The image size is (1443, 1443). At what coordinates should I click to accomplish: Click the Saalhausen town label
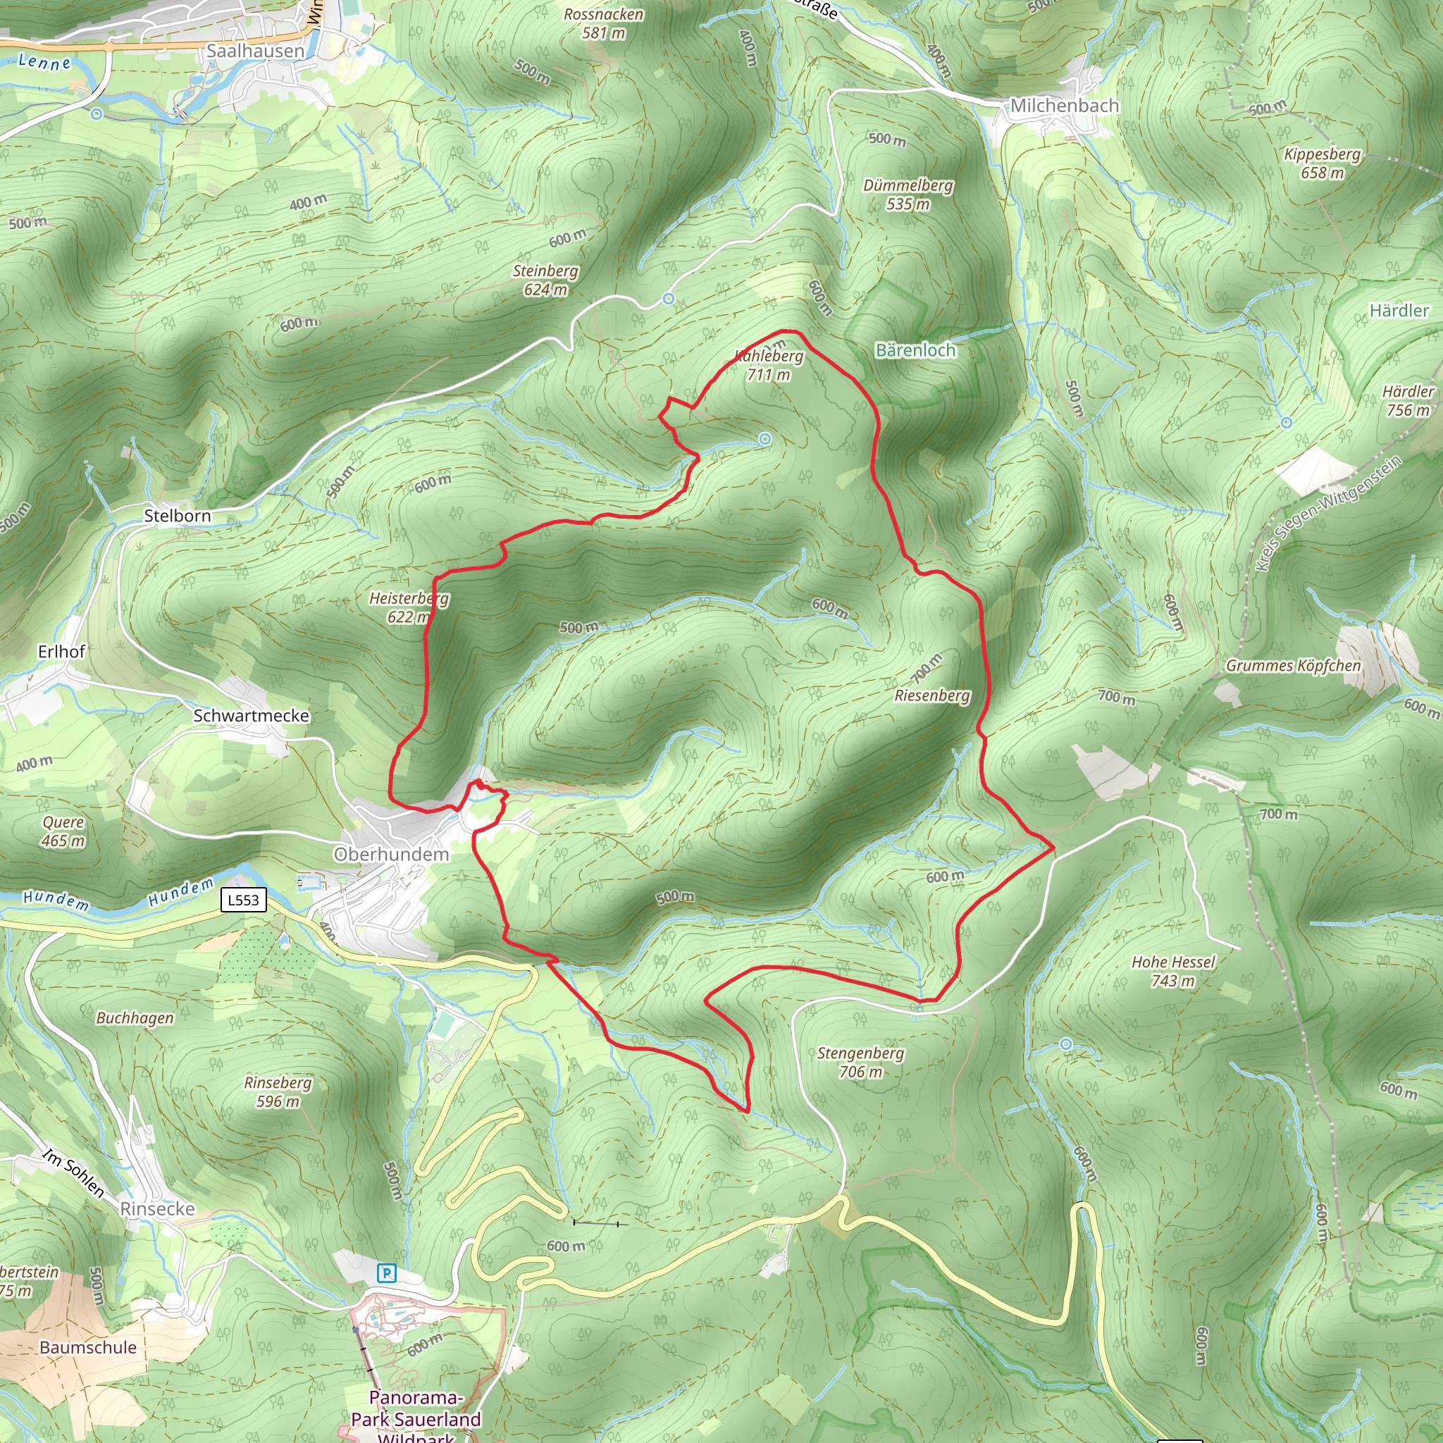click(x=256, y=51)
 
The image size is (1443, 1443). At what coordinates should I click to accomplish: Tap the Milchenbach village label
click(x=1065, y=106)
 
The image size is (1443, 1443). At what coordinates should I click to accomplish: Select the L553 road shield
click(x=244, y=900)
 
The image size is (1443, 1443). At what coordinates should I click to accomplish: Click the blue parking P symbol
click(x=386, y=1272)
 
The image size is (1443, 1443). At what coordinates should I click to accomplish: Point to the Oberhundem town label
click(x=391, y=855)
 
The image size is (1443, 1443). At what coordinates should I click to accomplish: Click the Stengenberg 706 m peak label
click(x=860, y=1062)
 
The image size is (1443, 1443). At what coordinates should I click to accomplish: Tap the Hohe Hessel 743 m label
click(x=1172, y=971)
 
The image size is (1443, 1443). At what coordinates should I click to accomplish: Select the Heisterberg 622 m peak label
click(x=409, y=607)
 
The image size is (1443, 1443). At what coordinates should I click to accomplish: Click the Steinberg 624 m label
click(x=545, y=280)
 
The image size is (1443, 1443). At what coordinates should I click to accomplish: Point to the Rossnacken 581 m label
click(x=604, y=23)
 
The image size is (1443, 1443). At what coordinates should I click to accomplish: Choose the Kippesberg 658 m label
click(x=1322, y=163)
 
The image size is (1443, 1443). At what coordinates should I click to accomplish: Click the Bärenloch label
click(x=915, y=350)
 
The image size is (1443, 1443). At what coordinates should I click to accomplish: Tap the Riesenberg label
click(x=932, y=695)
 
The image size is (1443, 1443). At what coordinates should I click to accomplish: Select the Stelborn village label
click(x=177, y=515)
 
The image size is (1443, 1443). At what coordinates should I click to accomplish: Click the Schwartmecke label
click(x=251, y=716)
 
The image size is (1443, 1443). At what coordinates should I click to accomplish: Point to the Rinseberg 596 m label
click(x=278, y=1091)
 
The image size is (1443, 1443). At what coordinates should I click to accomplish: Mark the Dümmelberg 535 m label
click(x=908, y=194)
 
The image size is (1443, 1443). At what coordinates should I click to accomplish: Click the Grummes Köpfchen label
click(x=1293, y=665)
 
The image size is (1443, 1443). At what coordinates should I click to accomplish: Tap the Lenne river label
click(x=44, y=62)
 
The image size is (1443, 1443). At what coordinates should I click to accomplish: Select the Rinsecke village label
click(x=158, y=1208)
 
